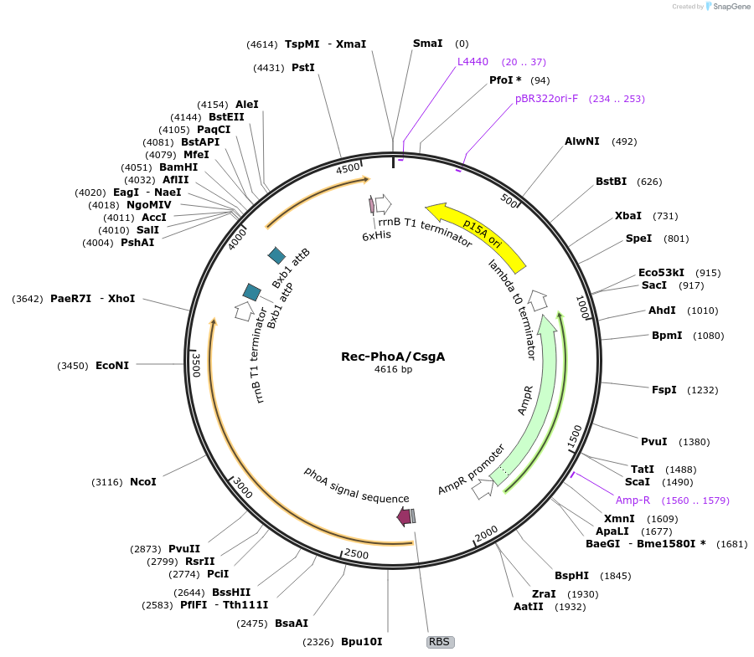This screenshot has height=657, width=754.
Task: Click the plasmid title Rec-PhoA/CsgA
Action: (393, 356)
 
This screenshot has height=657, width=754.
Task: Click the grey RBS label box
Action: (440, 642)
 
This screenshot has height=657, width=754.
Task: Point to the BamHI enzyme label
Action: (178, 167)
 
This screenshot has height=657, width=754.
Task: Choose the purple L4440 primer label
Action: (473, 62)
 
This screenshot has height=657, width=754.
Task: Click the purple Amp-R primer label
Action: (633, 500)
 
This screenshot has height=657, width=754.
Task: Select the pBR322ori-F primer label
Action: (546, 99)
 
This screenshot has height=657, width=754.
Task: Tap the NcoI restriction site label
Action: (143, 482)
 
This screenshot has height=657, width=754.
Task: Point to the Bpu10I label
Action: (361, 642)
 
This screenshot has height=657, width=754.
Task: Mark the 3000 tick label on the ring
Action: (242, 487)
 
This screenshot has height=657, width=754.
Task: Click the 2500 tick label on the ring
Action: (356, 555)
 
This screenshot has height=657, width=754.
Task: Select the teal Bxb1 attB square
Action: (276, 254)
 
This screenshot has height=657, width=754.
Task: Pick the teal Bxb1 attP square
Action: (251, 291)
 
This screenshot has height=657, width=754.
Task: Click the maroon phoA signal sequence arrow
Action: (404, 517)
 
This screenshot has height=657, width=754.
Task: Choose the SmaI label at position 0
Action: (427, 44)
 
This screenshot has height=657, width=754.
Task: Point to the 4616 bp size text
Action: (393, 369)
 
